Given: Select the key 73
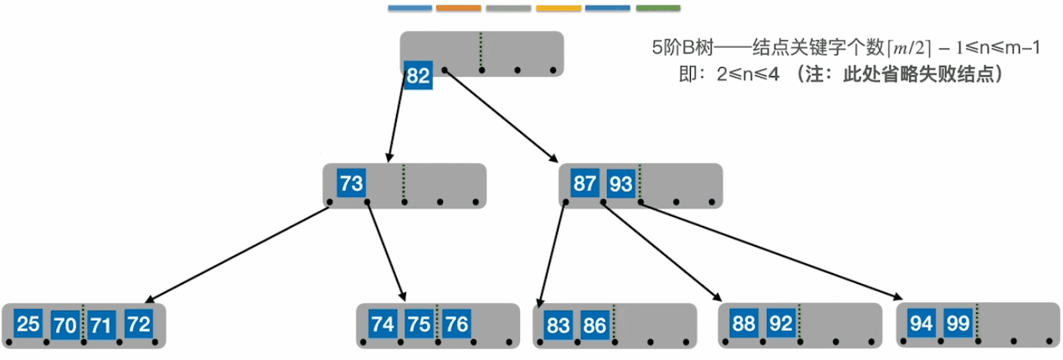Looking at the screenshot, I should (x=351, y=185).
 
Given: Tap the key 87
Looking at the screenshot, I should (x=585, y=185).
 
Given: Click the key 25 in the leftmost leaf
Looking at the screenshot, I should (x=28, y=325).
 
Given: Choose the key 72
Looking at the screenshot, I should (x=138, y=325).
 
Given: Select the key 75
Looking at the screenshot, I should (x=418, y=325).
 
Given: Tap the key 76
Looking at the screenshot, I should (x=456, y=325).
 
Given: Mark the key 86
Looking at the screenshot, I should (x=595, y=325).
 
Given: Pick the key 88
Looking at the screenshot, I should (x=744, y=324).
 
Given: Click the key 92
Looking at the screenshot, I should (x=781, y=324).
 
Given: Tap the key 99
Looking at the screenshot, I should (x=958, y=324).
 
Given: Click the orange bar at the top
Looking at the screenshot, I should (x=458, y=8).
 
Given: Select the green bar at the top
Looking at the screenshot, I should (x=658, y=8).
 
